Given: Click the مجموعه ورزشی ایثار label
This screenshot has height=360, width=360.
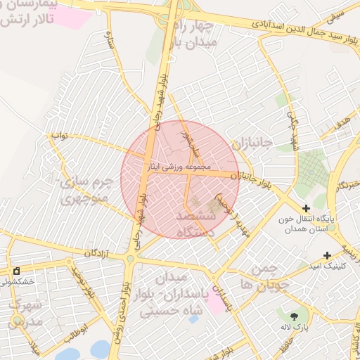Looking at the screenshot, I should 178,168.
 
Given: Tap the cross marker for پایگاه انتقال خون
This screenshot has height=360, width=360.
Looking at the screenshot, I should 306,208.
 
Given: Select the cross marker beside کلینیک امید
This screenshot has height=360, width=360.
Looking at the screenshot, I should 327,256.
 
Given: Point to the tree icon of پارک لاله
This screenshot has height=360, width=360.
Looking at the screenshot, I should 295,315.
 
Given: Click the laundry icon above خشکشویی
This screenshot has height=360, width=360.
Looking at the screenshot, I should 17,271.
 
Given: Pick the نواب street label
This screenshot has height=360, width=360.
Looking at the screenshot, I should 60,136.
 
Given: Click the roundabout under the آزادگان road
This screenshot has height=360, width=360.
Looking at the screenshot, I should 129,260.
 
